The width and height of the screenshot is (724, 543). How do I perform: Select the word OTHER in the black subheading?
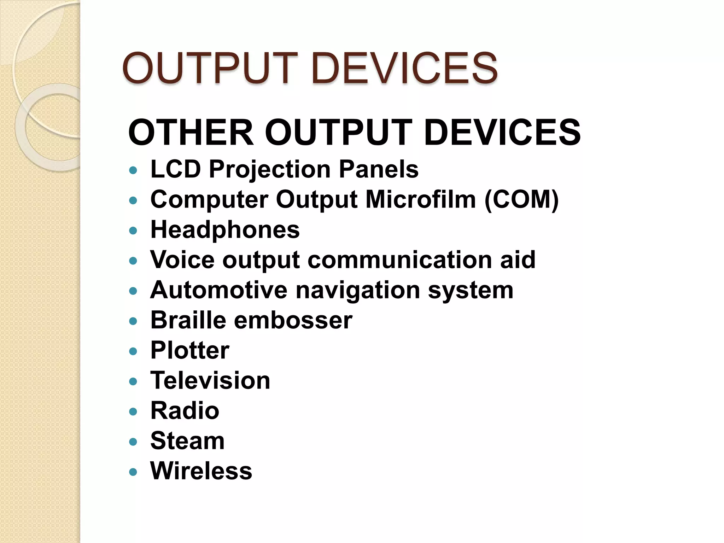pos(191,132)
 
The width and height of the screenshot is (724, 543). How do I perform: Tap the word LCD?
pos(176,169)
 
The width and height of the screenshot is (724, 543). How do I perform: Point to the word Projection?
pos(270,170)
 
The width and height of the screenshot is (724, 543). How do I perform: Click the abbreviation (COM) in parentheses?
pos(521,199)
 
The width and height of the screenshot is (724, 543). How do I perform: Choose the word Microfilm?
pos(421,199)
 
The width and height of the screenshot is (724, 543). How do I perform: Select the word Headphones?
pos(225,230)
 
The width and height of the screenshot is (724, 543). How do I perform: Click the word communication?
pos(399,260)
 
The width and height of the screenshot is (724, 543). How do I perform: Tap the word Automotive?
pos(219,290)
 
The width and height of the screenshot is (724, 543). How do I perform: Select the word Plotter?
pos(190,350)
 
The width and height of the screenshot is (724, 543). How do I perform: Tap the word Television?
pos(210,380)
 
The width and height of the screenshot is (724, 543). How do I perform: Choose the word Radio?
pos(185,411)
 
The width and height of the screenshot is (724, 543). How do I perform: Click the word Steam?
pos(187,441)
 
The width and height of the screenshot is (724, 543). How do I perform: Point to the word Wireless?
pos(201,471)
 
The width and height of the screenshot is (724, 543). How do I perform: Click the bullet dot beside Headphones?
pos(133,231)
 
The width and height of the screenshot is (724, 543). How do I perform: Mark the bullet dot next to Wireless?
pos(133,472)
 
